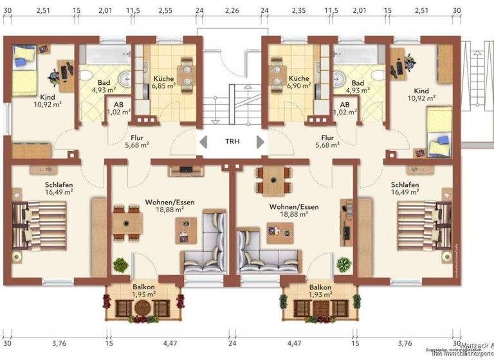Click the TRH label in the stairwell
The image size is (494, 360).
pyautogui.click(x=232, y=141)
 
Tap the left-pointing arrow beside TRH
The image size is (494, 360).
pyautogui.click(x=202, y=141)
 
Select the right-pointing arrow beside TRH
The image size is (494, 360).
pyautogui.click(x=261, y=141)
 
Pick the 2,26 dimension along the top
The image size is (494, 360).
pyautogui.click(x=232, y=10)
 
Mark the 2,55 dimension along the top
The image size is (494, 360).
pyautogui.click(x=165, y=10)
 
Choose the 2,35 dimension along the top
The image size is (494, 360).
pyautogui.click(x=298, y=10)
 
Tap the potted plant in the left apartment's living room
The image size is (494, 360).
pyautogui.click(x=121, y=264)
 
